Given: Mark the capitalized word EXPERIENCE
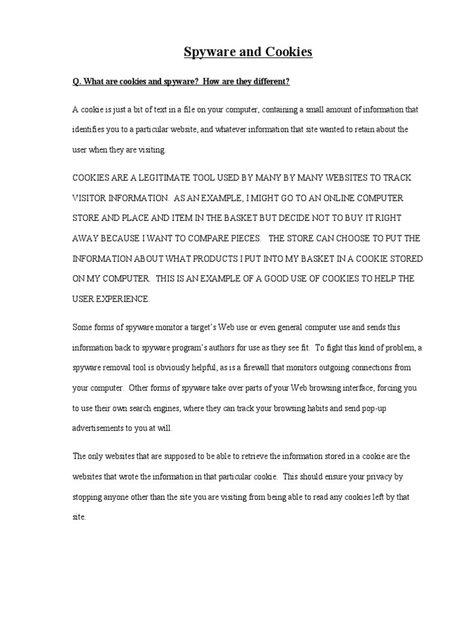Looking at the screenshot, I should (x=123, y=299).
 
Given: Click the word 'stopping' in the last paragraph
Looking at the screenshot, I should (x=87, y=497).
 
